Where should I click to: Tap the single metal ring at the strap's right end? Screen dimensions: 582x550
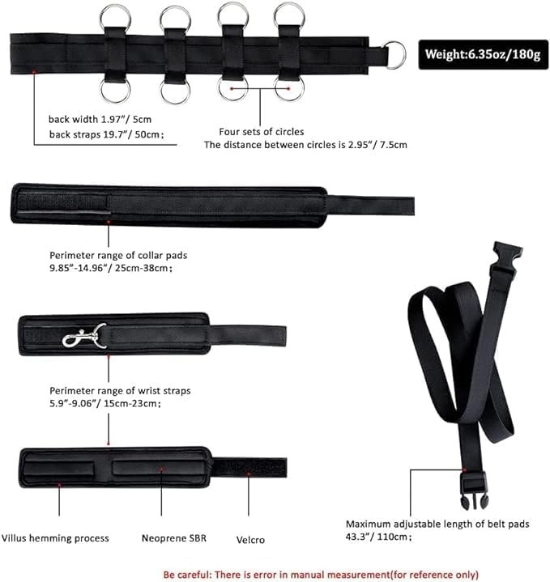coord(395,55)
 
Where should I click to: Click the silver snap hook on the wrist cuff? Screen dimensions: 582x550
coord(85,335)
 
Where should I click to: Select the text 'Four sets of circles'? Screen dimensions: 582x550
coord(262,131)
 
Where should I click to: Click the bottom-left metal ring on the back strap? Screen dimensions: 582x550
coord(115,89)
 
